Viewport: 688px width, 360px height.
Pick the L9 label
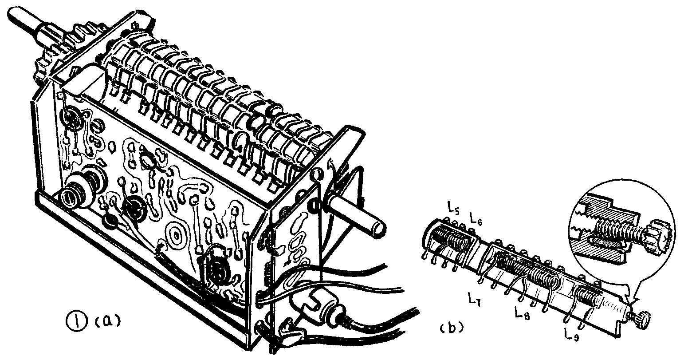point(572,334)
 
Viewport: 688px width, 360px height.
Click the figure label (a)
point(107,322)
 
